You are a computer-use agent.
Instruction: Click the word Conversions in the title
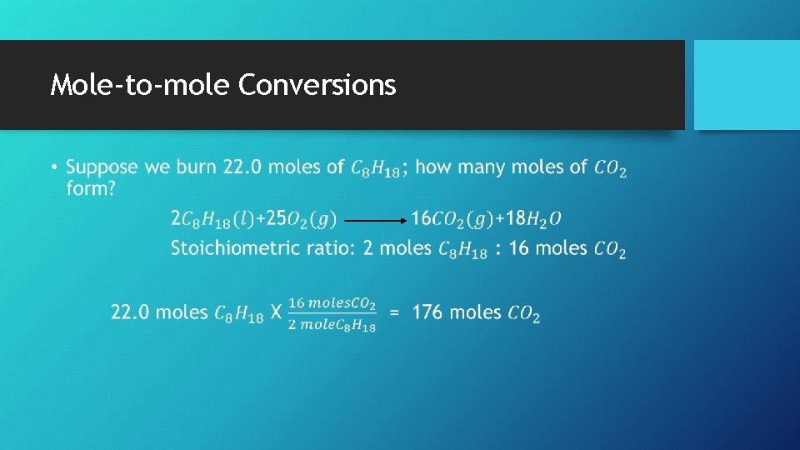click(317, 85)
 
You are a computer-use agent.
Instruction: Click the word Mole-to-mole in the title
click(139, 85)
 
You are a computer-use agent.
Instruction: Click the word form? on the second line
click(92, 189)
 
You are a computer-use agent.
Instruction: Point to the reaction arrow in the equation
click(374, 220)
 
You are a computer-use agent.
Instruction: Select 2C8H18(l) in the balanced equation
click(212, 219)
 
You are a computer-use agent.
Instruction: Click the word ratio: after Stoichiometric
click(332, 249)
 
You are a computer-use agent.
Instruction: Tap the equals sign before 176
click(395, 313)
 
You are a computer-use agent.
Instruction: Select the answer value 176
click(427, 313)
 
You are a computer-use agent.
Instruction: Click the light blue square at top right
click(747, 85)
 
